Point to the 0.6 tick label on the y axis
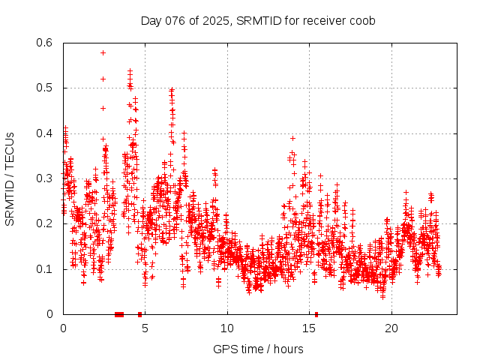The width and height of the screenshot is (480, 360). [46, 43]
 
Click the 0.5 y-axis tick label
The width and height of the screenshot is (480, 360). [46, 88]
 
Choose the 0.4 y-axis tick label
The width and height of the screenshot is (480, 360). [46, 133]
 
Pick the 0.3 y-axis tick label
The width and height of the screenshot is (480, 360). [46, 178]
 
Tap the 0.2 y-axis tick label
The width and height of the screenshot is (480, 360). [46, 223]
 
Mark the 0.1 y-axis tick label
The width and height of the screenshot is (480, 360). [46, 269]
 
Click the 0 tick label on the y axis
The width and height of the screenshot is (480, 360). [52, 314]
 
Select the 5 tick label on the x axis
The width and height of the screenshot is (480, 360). [145, 328]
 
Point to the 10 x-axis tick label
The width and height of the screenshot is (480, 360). [227, 328]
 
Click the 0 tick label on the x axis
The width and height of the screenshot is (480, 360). [63, 328]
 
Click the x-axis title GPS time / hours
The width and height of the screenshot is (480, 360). [258, 349]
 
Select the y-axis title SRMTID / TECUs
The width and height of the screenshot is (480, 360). [10, 179]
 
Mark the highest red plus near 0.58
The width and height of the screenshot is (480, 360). [103, 52]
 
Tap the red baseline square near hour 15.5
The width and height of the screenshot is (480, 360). [316, 314]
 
